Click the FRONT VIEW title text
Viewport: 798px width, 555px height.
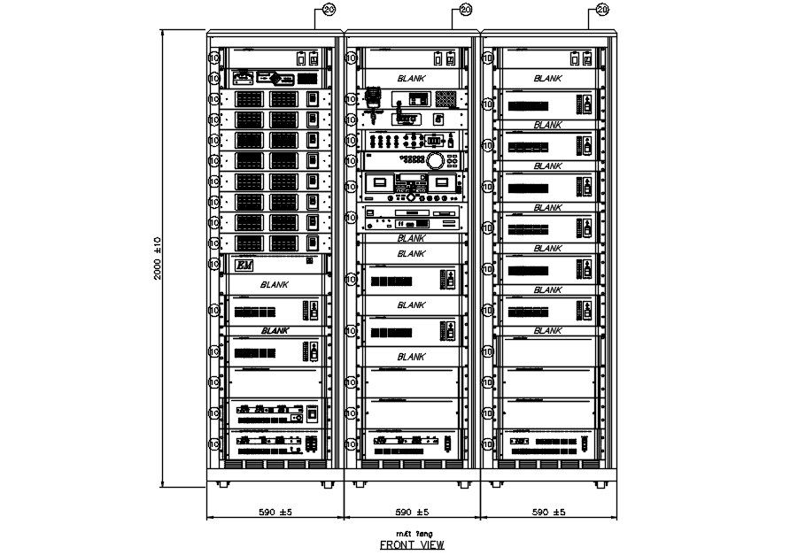point(412,545)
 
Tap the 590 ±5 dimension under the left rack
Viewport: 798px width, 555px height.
point(275,513)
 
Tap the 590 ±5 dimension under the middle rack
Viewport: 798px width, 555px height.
point(412,513)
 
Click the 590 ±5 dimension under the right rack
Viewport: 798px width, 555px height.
point(549,513)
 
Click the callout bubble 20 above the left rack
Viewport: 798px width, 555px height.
point(329,10)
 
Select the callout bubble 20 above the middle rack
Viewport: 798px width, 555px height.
point(466,10)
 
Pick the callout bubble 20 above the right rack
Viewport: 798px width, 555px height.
point(602,10)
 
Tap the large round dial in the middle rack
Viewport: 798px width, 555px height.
point(436,161)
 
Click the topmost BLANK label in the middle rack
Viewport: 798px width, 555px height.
point(411,79)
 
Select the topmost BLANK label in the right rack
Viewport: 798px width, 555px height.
point(547,79)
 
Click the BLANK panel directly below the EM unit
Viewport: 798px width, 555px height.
point(274,285)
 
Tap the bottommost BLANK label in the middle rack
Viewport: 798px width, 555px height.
point(411,356)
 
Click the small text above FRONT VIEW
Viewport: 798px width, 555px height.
point(412,535)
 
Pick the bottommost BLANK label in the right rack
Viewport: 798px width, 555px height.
point(547,330)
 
